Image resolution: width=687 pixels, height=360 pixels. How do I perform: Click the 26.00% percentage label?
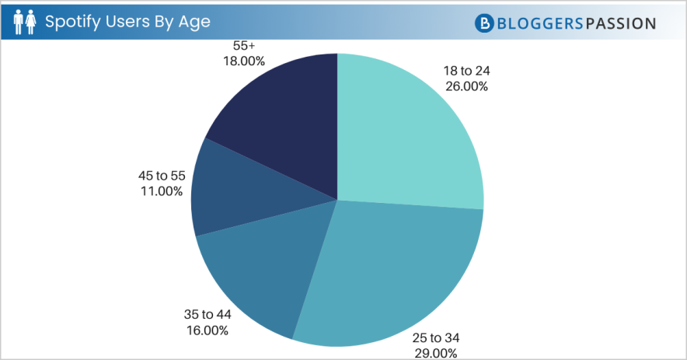pos(467,86)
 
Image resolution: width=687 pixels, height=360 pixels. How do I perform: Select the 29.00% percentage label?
pos(436,353)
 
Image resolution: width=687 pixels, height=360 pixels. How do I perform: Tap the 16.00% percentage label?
pos(207,331)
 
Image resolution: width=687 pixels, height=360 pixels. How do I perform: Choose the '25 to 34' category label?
pos(436,337)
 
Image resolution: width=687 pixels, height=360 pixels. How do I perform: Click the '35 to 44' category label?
pos(207,316)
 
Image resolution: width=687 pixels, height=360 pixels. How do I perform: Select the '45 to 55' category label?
pos(162,175)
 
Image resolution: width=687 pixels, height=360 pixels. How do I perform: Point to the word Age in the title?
pos(195,22)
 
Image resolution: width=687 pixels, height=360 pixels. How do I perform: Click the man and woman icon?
pos(24,22)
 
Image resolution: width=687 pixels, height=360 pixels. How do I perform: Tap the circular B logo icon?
pos(484,23)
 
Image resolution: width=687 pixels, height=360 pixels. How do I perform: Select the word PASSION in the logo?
pos(620,23)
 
